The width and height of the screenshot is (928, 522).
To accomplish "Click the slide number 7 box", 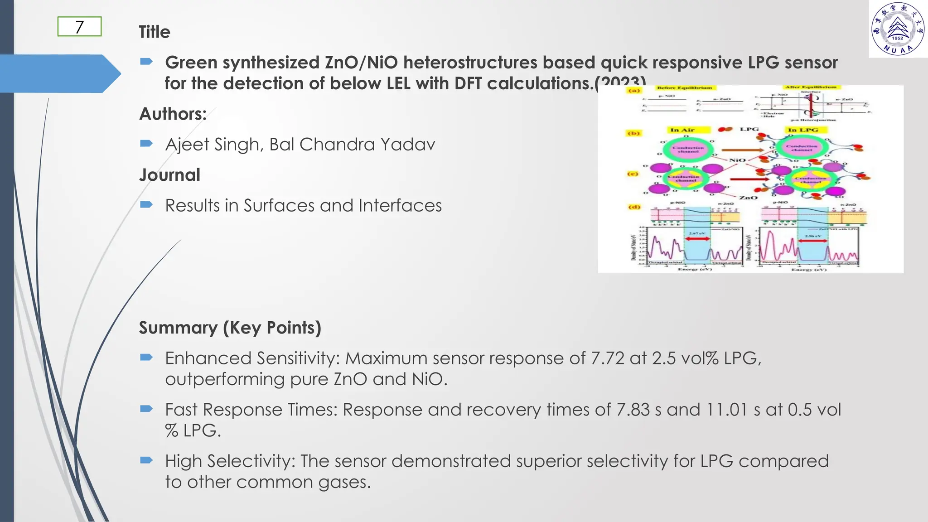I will (79, 27).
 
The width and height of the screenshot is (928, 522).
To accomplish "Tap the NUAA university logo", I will (898, 29).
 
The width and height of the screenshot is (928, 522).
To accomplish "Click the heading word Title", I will (155, 32).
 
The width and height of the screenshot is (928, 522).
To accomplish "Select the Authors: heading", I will (173, 114).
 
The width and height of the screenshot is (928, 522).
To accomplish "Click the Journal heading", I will (169, 175).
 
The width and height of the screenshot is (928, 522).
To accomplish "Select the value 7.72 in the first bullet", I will (608, 358).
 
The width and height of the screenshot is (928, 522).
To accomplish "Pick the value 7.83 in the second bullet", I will (633, 410).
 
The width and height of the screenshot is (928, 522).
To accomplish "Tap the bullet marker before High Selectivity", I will (146, 461).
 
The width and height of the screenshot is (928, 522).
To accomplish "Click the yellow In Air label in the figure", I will (682, 130).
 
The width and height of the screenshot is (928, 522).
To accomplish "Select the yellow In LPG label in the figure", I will (803, 130).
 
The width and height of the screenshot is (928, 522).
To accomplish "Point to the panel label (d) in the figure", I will (633, 207).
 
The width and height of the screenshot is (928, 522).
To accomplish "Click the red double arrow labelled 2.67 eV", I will (697, 239).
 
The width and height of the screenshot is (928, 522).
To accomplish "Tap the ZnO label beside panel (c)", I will (748, 198).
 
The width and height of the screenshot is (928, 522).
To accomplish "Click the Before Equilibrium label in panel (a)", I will (684, 88).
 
